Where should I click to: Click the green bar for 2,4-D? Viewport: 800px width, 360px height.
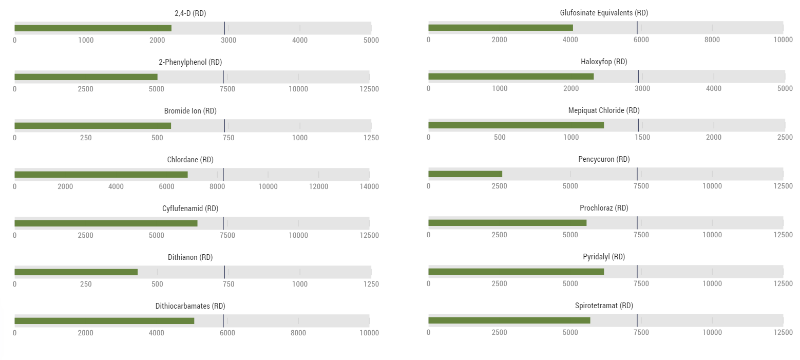[93, 28]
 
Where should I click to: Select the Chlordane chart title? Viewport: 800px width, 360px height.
[190, 160]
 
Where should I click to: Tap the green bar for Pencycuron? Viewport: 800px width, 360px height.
[465, 174]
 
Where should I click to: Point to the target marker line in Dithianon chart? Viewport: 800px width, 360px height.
[224, 272]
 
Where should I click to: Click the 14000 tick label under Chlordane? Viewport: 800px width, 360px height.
[369, 186]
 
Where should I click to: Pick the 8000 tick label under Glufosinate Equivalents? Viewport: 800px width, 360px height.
[712, 40]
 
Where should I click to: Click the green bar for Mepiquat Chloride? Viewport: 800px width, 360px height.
[516, 125]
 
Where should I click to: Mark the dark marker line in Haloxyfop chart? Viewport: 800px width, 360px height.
[638, 77]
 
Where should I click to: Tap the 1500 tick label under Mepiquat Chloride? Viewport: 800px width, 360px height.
[642, 138]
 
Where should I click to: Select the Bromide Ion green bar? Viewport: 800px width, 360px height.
[92, 126]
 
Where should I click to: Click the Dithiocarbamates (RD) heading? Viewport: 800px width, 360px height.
[190, 306]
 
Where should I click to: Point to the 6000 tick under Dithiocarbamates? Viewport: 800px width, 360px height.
[227, 333]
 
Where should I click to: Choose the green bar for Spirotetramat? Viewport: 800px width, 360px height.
[509, 320]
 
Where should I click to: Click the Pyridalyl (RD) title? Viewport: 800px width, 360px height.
[604, 257]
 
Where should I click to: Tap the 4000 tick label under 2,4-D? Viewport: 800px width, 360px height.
[300, 40]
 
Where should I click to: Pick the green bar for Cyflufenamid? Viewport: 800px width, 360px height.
[106, 223]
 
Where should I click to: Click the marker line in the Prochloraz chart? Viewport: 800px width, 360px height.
[637, 223]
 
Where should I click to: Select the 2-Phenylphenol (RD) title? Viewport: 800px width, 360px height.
[190, 62]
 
